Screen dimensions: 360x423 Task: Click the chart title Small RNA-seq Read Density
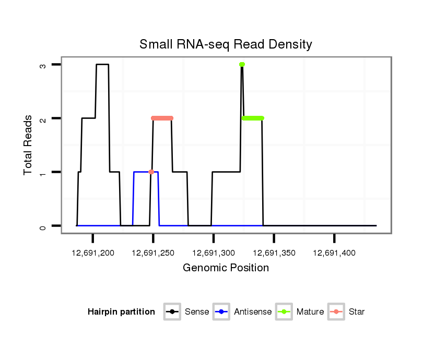click(226, 45)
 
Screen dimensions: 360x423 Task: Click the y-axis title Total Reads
click(28, 145)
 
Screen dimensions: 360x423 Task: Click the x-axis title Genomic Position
click(226, 268)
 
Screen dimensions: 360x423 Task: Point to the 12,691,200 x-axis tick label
click(93, 253)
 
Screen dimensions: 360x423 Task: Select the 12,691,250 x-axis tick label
click(153, 253)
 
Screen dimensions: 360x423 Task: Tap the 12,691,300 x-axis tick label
click(214, 253)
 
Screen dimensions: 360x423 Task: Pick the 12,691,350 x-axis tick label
click(274, 253)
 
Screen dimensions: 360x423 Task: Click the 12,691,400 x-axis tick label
click(334, 253)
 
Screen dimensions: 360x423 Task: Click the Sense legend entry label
click(197, 312)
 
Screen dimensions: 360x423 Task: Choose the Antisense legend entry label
click(253, 312)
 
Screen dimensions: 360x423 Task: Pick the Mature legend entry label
click(310, 312)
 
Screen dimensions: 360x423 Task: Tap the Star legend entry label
click(357, 312)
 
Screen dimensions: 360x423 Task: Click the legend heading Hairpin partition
click(121, 312)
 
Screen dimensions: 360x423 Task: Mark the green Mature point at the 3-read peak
click(242, 65)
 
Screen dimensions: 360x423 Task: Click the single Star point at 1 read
click(151, 172)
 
